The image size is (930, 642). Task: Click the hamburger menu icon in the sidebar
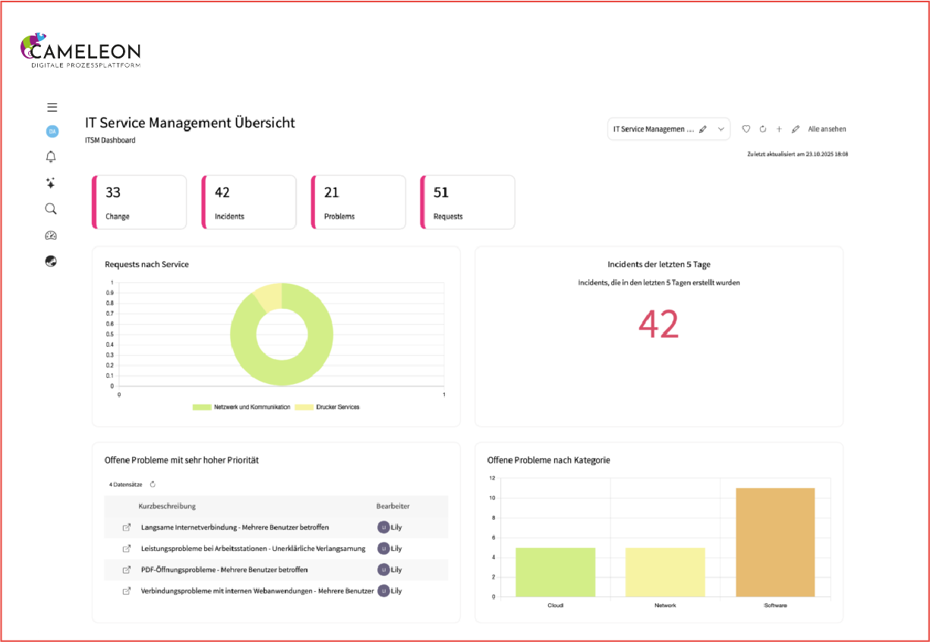pyautogui.click(x=52, y=108)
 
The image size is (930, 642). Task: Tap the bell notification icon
pyautogui.click(x=51, y=156)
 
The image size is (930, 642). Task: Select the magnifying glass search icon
pyautogui.click(x=51, y=209)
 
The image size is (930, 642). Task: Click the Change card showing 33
pyautogui.click(x=140, y=202)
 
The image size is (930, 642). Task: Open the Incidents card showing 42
pyautogui.click(x=249, y=202)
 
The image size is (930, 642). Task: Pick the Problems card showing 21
pyautogui.click(x=358, y=202)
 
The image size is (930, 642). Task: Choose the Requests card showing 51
pyautogui.click(x=468, y=202)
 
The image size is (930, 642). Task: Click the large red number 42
pyautogui.click(x=658, y=324)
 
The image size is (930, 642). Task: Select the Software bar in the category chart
pyautogui.click(x=775, y=543)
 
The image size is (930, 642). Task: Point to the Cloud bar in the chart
pyautogui.click(x=556, y=572)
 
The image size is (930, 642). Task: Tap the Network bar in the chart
pyautogui.click(x=665, y=572)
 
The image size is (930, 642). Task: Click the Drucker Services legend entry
pyautogui.click(x=327, y=407)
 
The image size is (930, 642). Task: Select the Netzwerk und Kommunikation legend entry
pyautogui.click(x=241, y=407)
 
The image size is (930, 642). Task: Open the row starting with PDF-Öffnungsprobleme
pyautogui.click(x=224, y=570)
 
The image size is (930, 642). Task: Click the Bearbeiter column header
pyautogui.click(x=392, y=506)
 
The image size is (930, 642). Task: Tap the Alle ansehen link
pyautogui.click(x=827, y=129)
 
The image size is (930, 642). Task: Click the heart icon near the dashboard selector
pyautogui.click(x=746, y=129)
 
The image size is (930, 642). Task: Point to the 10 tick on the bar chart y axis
pyautogui.click(x=493, y=498)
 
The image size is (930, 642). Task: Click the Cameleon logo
pyautogui.click(x=80, y=50)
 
